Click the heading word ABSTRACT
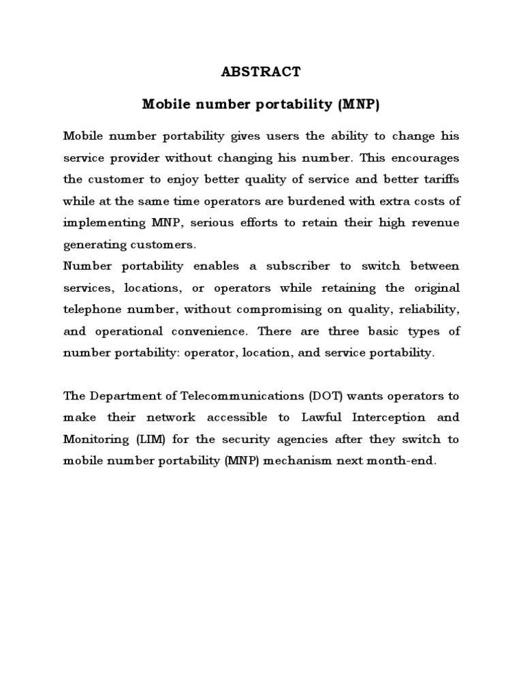pos(261,71)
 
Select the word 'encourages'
pos(426,157)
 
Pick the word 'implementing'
pos(104,224)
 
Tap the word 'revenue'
pos(433,224)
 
